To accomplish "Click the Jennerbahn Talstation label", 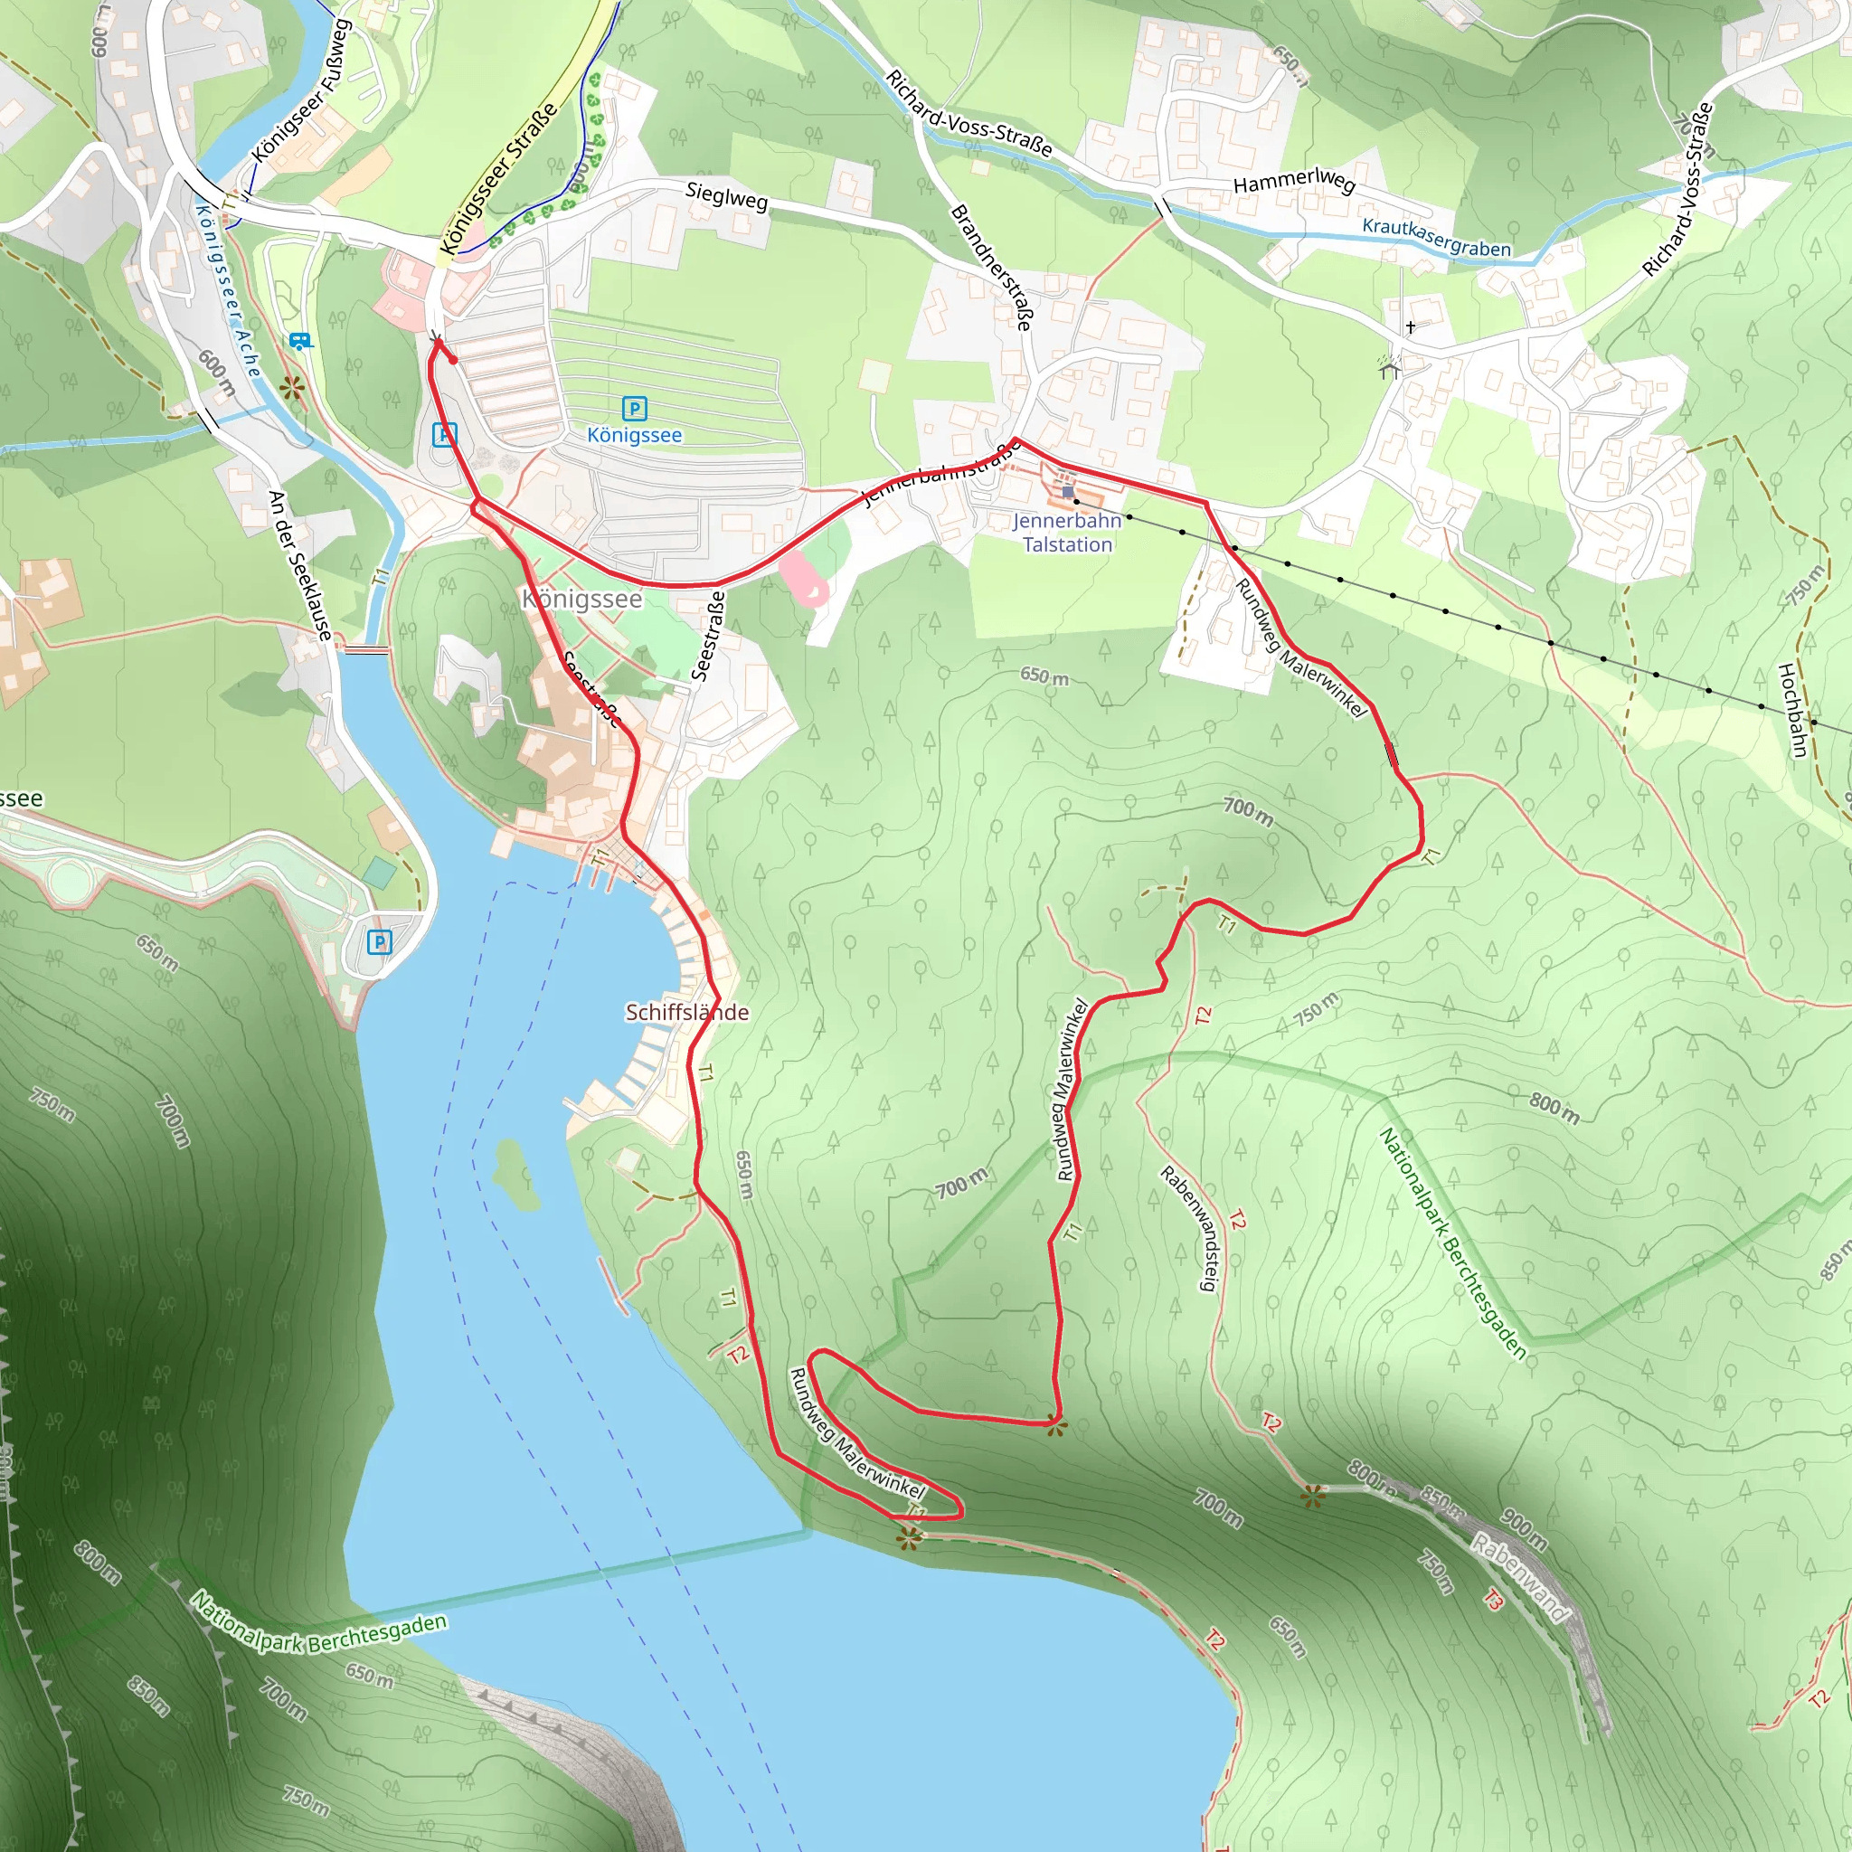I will [x=1067, y=532].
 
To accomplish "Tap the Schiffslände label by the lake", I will [x=686, y=1012].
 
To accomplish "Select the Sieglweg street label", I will [x=727, y=195].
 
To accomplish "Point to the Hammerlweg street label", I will [x=1293, y=180].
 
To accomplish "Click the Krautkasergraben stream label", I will [x=1436, y=238].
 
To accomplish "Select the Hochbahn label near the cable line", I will [x=1791, y=709].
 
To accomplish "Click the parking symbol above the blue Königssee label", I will [x=634, y=410].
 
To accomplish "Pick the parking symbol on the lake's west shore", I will [x=380, y=942].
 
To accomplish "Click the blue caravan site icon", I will [x=299, y=340].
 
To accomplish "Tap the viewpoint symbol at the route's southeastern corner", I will [x=1055, y=1427].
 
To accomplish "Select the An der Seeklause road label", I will [x=300, y=565].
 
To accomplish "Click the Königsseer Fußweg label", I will [x=301, y=91].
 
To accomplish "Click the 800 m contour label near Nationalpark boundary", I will [x=1554, y=1108].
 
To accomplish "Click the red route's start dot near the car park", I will [x=452, y=361].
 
